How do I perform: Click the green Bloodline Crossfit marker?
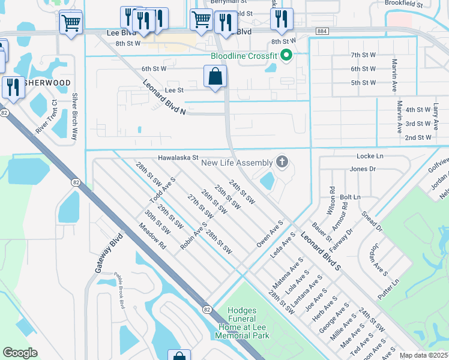(287, 56)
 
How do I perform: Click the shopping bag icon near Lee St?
(215, 77)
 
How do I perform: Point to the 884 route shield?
(322, 31)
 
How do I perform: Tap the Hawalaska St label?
(178, 158)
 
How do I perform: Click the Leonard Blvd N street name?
(166, 94)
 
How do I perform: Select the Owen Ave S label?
(270, 234)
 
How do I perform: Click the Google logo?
(20, 352)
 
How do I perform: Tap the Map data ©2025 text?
(423, 355)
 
